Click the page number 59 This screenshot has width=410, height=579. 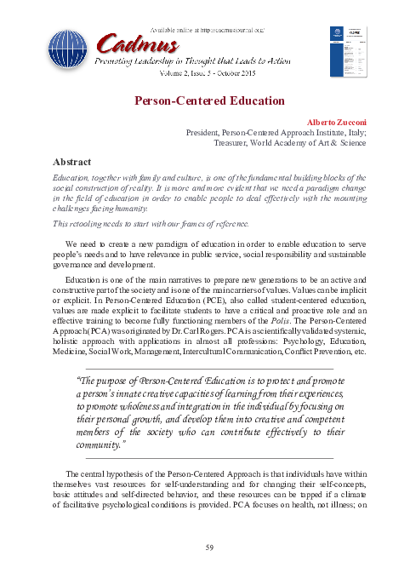point(205,546)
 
